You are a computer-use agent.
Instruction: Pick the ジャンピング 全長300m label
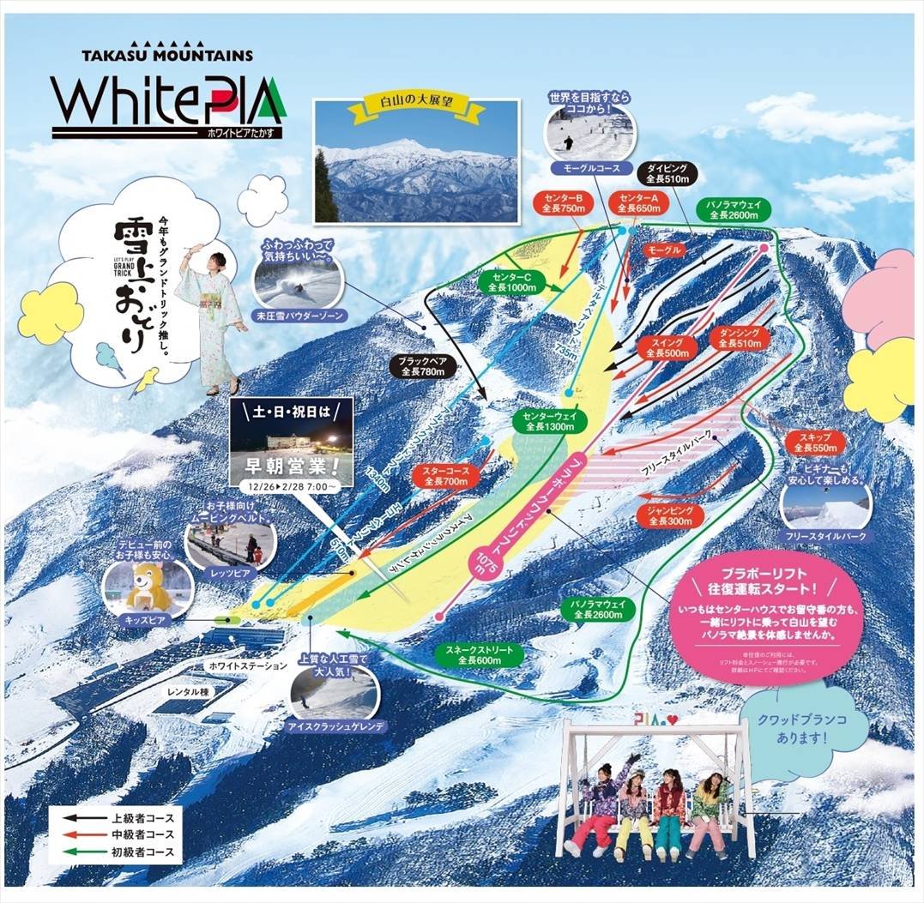point(671,515)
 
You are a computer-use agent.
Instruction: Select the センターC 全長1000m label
point(511,282)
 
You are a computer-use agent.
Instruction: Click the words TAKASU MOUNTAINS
point(167,56)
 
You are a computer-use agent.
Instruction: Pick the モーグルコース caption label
point(592,166)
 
